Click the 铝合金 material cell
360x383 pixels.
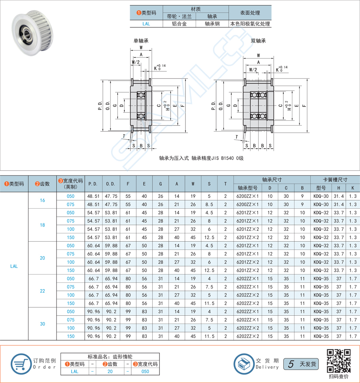coord(179,24)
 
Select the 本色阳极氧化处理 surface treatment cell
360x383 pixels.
coord(250,24)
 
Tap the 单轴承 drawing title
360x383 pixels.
coord(140,41)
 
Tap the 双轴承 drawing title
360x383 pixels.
coord(258,41)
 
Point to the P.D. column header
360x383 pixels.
coord(93,184)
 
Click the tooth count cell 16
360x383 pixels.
coord(42,200)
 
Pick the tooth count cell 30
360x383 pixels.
coord(42,324)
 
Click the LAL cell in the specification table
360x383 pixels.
coord(14,266)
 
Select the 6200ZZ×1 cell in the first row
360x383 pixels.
coord(248,196)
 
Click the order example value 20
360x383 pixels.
coord(110,372)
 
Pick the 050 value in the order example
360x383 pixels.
coord(145,372)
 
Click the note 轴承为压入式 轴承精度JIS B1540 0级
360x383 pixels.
coord(201,158)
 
